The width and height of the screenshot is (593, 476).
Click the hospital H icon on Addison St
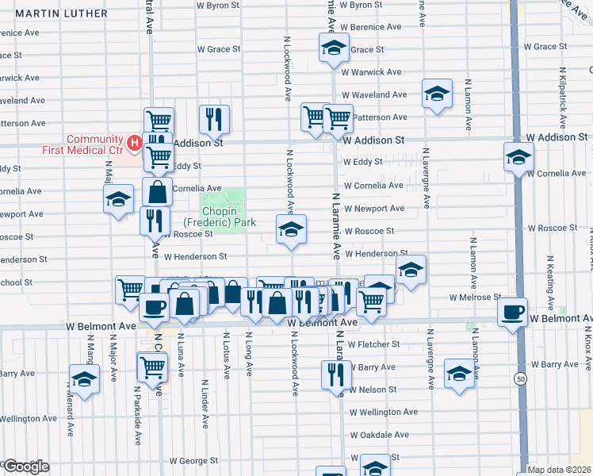point(134,144)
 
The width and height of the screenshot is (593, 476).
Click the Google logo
point(25,466)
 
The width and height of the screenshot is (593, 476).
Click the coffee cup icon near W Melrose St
point(512,311)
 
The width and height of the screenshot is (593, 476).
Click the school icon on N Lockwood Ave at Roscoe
point(291,229)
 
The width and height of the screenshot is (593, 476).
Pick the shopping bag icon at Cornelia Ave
point(158,192)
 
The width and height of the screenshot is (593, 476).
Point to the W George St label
point(192,460)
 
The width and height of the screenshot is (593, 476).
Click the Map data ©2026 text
point(560,470)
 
